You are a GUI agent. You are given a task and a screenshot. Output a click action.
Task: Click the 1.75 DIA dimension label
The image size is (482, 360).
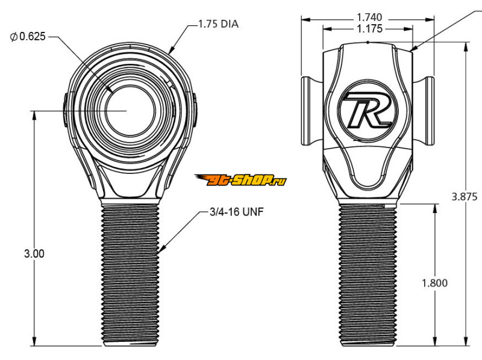click(219, 25)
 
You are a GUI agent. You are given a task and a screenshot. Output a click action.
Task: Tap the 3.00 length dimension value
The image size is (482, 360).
click(34, 253)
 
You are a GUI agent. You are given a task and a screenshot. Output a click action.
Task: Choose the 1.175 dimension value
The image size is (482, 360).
click(368, 28)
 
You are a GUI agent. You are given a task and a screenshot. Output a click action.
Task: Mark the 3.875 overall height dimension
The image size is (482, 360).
click(466, 196)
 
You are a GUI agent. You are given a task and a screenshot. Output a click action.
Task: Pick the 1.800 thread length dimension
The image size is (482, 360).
click(434, 284)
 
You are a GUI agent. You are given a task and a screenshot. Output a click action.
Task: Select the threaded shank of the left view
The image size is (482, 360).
click(130, 274)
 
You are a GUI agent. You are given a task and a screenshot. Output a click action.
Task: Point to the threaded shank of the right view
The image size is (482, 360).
click(368, 274)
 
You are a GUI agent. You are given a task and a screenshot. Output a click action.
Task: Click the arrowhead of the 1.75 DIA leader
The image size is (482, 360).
click(171, 52)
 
